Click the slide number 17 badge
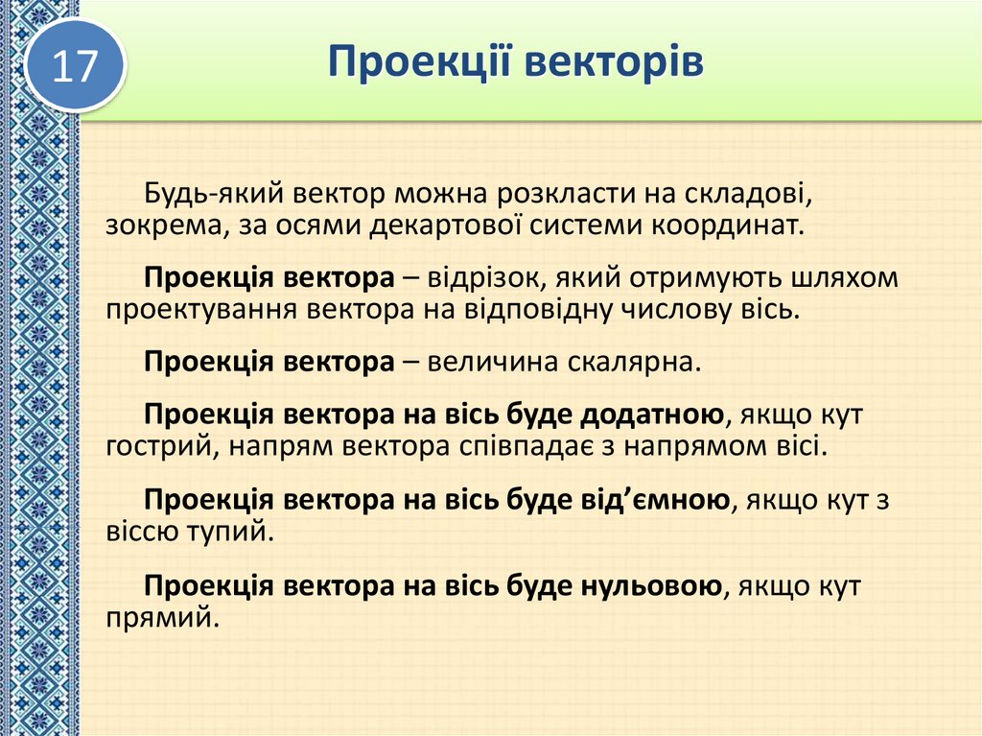coord(75,65)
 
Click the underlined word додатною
coord(651,415)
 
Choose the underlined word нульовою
coord(651,584)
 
